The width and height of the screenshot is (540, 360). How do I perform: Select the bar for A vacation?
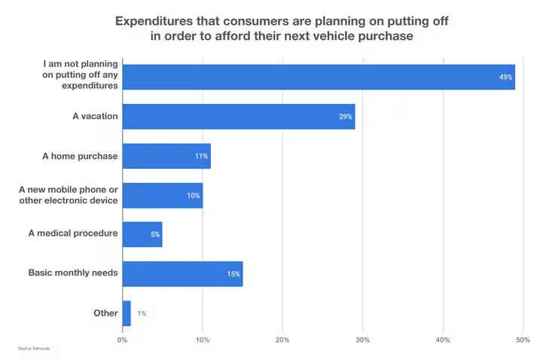click(238, 117)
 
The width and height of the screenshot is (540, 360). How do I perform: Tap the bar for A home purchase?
click(166, 156)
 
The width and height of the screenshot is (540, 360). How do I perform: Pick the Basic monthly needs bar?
click(182, 273)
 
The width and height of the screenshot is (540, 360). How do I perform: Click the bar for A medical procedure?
click(142, 234)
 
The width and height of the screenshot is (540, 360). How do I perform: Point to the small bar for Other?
click(127, 313)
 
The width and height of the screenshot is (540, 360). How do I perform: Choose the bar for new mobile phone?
click(162, 195)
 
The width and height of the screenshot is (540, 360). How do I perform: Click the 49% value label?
click(505, 78)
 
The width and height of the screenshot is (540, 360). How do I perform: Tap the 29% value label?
click(345, 117)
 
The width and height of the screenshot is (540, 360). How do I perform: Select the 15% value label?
click(233, 273)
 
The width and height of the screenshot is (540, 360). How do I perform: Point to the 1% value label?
click(142, 313)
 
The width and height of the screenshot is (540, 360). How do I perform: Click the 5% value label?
click(154, 234)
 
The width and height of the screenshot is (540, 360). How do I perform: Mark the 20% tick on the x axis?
click(282, 340)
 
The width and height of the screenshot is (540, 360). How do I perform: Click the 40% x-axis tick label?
click(443, 340)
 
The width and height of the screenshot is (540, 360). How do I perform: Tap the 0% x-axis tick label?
click(123, 340)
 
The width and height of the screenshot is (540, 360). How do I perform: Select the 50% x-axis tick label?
click(523, 340)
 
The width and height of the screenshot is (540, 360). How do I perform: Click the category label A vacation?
click(90, 117)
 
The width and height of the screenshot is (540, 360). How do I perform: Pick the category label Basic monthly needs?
click(73, 273)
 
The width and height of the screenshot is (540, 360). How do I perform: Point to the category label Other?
click(105, 313)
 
